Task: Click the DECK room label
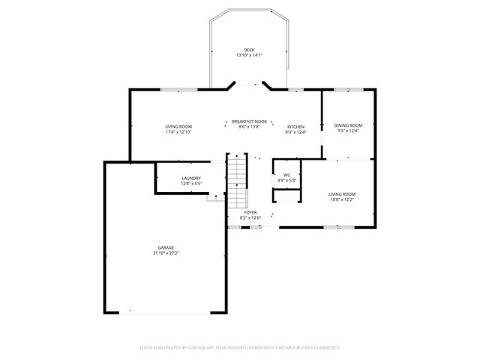tap(248, 50)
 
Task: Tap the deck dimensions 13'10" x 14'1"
tap(248, 55)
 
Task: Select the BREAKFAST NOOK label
tap(249, 121)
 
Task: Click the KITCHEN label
tap(295, 127)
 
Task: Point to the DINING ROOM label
tap(348, 125)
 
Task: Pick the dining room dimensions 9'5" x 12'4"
tap(348, 131)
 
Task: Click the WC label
tap(286, 175)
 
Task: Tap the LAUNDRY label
tap(190, 178)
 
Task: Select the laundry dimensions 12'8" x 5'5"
tap(190, 184)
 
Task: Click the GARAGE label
tap(166, 247)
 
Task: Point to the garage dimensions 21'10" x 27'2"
tap(166, 253)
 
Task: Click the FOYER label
tap(250, 212)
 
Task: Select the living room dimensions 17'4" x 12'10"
tap(178, 132)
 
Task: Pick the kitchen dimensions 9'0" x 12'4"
tap(295, 133)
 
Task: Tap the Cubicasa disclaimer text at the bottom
tap(240, 348)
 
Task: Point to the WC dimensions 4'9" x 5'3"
tap(286, 181)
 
